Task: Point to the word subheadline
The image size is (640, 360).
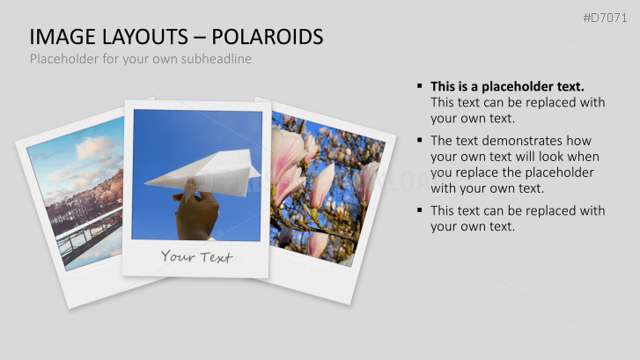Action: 217,59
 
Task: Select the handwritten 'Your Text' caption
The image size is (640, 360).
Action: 196,257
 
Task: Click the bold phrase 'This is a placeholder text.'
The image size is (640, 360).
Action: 507,86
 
